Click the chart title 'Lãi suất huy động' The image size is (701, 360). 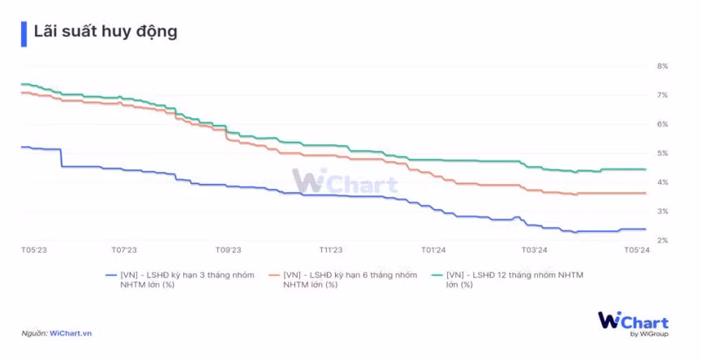point(105,32)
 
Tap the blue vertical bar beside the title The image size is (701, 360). point(24,32)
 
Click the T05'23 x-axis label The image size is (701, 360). point(34,251)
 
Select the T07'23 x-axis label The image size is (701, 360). point(123,251)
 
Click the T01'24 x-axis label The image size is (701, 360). point(432,251)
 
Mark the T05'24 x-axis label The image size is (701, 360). point(635,251)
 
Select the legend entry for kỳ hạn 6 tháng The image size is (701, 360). point(350,280)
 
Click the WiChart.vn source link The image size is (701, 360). point(71,333)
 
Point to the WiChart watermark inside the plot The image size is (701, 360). point(344,182)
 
